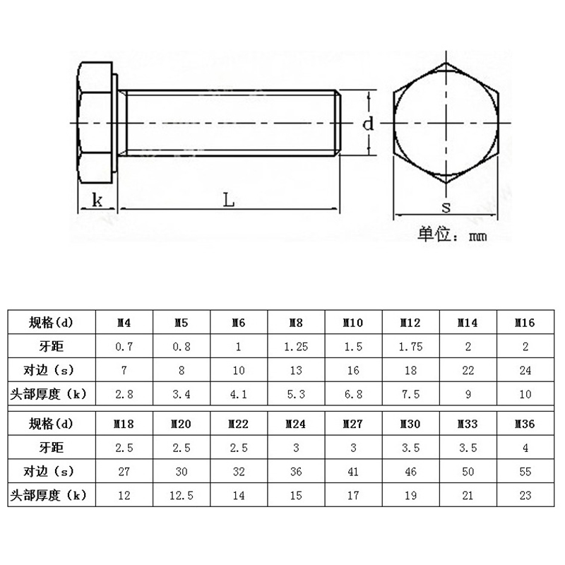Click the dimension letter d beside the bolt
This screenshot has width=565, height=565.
tap(368, 124)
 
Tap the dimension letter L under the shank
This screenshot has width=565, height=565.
tap(228, 200)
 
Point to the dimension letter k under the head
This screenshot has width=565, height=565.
tap(97, 200)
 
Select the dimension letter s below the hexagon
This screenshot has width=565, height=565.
tap(446, 207)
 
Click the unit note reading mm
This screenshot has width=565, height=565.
tap(478, 237)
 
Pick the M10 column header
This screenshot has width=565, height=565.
tap(352, 323)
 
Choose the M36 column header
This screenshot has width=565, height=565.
tap(525, 424)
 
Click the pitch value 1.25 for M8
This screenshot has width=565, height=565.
tap(296, 347)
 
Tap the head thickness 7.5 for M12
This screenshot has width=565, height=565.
tap(410, 394)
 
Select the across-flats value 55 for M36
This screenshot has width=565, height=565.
tap(525, 472)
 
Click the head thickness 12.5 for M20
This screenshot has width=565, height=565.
tap(182, 496)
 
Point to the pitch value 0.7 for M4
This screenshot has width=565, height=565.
tap(124, 347)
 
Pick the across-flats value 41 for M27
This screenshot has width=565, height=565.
tap(353, 472)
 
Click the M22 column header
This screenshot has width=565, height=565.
tap(238, 424)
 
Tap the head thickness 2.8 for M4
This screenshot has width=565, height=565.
tap(124, 394)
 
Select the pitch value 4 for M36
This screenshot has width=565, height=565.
tap(525, 448)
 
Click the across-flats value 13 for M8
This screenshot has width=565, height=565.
tap(296, 370)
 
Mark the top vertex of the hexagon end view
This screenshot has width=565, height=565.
tap(446, 64)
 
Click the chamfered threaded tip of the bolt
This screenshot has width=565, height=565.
tap(338, 123)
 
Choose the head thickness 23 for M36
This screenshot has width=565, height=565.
tap(525, 496)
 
